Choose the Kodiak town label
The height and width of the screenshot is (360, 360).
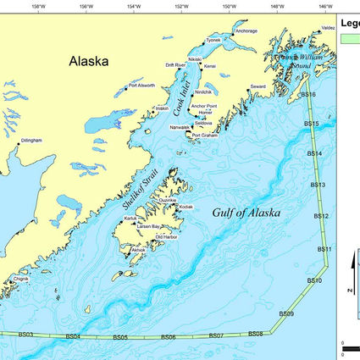187,207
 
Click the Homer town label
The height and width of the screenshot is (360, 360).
204,113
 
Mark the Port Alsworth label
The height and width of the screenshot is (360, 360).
141,85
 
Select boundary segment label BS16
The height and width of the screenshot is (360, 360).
308,95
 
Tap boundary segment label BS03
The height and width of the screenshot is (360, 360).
25,335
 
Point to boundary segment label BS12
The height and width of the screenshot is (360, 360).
321,217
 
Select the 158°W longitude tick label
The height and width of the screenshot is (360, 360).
37,6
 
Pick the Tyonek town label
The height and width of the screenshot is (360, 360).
213,40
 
